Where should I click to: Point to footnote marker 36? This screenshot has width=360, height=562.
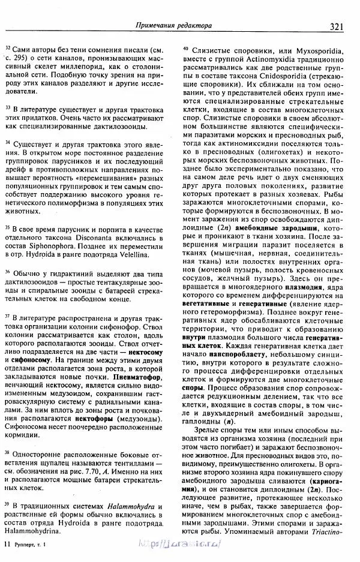coord(7,272)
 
